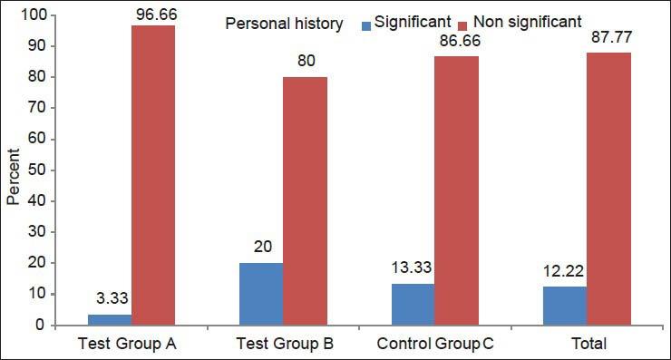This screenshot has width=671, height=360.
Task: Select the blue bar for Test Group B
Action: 261,294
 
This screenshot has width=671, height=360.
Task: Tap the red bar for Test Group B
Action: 305,200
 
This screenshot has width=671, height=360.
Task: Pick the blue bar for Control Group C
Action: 413,304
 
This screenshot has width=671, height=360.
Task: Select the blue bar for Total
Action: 565,306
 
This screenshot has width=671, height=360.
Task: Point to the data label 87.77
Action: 608,42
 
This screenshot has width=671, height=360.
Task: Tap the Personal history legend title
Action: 284,24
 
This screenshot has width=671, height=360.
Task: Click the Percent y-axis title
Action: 13,170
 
